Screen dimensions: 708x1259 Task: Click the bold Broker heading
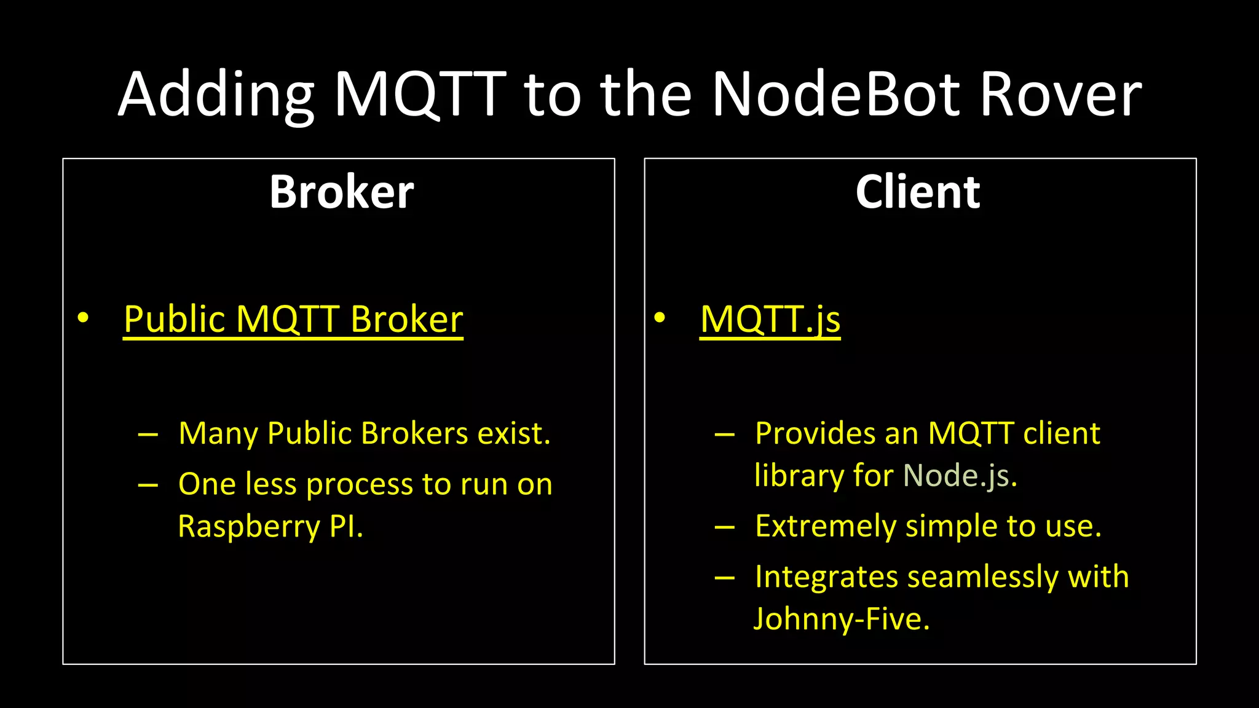(341, 192)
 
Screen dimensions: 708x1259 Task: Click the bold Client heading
(917, 192)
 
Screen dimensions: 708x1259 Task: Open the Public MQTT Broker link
(293, 320)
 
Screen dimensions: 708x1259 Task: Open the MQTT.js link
(770, 320)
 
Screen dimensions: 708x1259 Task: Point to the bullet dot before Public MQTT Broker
(83, 318)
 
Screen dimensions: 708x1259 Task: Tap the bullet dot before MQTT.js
(660, 318)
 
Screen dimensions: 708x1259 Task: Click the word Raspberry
(248, 527)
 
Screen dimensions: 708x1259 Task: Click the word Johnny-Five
(842, 619)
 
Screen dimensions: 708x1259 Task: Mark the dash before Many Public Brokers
(148, 435)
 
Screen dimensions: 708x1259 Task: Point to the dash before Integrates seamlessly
(724, 578)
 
